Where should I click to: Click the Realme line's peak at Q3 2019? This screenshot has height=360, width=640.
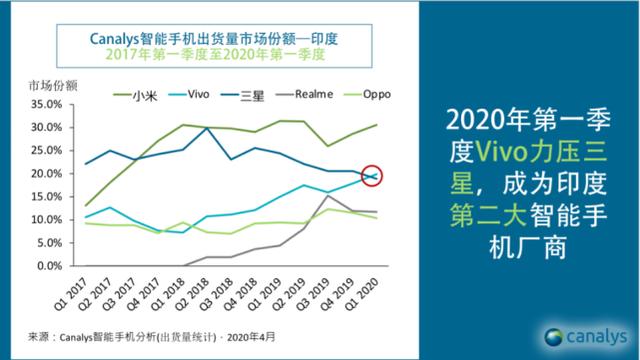(x=327, y=196)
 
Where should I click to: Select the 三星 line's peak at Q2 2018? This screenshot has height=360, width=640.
(x=206, y=128)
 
